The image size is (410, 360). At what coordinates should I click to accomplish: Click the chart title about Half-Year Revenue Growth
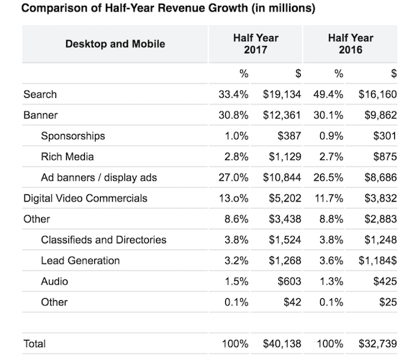(x=160, y=9)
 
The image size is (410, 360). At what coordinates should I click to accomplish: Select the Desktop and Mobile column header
(x=115, y=44)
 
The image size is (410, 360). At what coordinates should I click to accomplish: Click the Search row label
(x=40, y=94)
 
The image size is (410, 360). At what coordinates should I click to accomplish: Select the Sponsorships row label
(x=73, y=136)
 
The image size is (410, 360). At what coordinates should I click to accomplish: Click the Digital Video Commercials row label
(x=86, y=198)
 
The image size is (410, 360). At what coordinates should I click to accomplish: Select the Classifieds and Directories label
(x=104, y=240)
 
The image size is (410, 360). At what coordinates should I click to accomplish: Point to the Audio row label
(x=55, y=282)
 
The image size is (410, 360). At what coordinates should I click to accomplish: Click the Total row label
(x=35, y=344)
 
